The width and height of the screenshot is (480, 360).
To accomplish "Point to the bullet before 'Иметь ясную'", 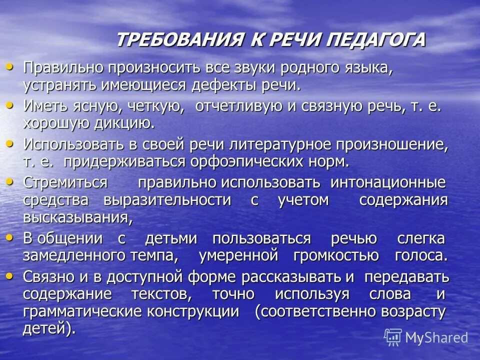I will coord(9,105).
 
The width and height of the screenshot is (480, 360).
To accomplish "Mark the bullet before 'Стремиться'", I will coord(9,181).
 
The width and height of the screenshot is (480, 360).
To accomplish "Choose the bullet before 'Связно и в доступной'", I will coord(9,274).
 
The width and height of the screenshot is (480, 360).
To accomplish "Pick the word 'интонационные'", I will coord(388,182).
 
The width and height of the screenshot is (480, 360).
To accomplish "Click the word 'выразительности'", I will coord(167,200).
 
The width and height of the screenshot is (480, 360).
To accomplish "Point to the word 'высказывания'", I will coord(76,217).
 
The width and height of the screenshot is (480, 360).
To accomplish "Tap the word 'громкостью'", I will coord(336,255).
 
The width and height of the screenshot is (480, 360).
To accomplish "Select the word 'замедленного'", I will coord(74,255).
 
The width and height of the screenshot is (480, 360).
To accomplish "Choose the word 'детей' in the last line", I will coord(43,329).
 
